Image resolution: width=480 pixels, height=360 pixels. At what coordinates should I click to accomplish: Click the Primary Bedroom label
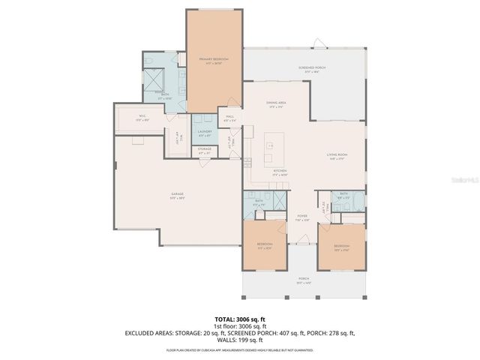(x=214, y=60)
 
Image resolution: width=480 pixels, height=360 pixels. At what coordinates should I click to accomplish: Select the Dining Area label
(x=277, y=103)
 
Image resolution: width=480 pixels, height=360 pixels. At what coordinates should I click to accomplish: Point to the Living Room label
(x=335, y=156)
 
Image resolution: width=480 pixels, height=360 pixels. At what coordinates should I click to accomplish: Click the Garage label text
(x=177, y=196)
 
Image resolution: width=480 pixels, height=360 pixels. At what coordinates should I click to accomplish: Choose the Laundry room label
(x=204, y=133)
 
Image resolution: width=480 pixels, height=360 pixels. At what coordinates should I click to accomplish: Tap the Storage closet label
(x=204, y=151)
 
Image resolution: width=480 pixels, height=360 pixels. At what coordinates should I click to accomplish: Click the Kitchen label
(x=280, y=172)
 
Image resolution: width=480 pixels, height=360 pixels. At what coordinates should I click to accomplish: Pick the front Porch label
(x=303, y=280)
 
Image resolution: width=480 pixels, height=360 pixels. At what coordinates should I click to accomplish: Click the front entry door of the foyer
(x=301, y=241)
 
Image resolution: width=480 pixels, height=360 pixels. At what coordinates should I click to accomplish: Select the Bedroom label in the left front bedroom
(x=265, y=245)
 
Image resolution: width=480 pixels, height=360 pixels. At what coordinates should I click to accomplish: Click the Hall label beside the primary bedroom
(x=229, y=118)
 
